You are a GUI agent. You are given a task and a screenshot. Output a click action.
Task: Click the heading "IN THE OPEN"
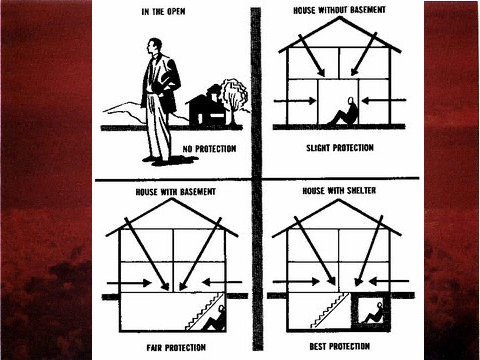[163, 11]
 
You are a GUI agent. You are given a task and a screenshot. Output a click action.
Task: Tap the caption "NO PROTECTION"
[209, 149]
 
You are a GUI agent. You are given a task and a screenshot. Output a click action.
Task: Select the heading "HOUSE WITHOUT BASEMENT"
[339, 10]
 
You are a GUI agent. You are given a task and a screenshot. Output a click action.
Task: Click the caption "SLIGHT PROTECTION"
[340, 147]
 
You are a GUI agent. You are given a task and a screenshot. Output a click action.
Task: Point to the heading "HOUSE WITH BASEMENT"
[176, 191]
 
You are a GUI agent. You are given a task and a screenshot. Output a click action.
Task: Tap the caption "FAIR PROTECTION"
[176, 347]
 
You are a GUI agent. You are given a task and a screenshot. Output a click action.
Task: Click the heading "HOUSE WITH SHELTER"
[339, 191]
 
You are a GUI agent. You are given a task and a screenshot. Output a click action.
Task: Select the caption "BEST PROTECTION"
[339, 346]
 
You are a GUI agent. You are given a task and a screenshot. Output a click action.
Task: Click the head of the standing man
[154, 46]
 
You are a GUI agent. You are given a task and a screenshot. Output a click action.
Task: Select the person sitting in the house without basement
[345, 112]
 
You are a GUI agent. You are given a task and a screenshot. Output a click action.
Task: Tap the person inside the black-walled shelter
[374, 313]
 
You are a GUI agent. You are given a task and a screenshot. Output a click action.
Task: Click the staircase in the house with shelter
[330, 311]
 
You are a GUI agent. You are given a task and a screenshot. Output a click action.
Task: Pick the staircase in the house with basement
[205, 311]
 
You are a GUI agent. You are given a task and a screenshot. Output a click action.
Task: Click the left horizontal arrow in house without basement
[295, 101]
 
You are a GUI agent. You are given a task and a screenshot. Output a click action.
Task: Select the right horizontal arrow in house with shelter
[389, 281]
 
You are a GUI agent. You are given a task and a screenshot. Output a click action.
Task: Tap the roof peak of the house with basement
[172, 199]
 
